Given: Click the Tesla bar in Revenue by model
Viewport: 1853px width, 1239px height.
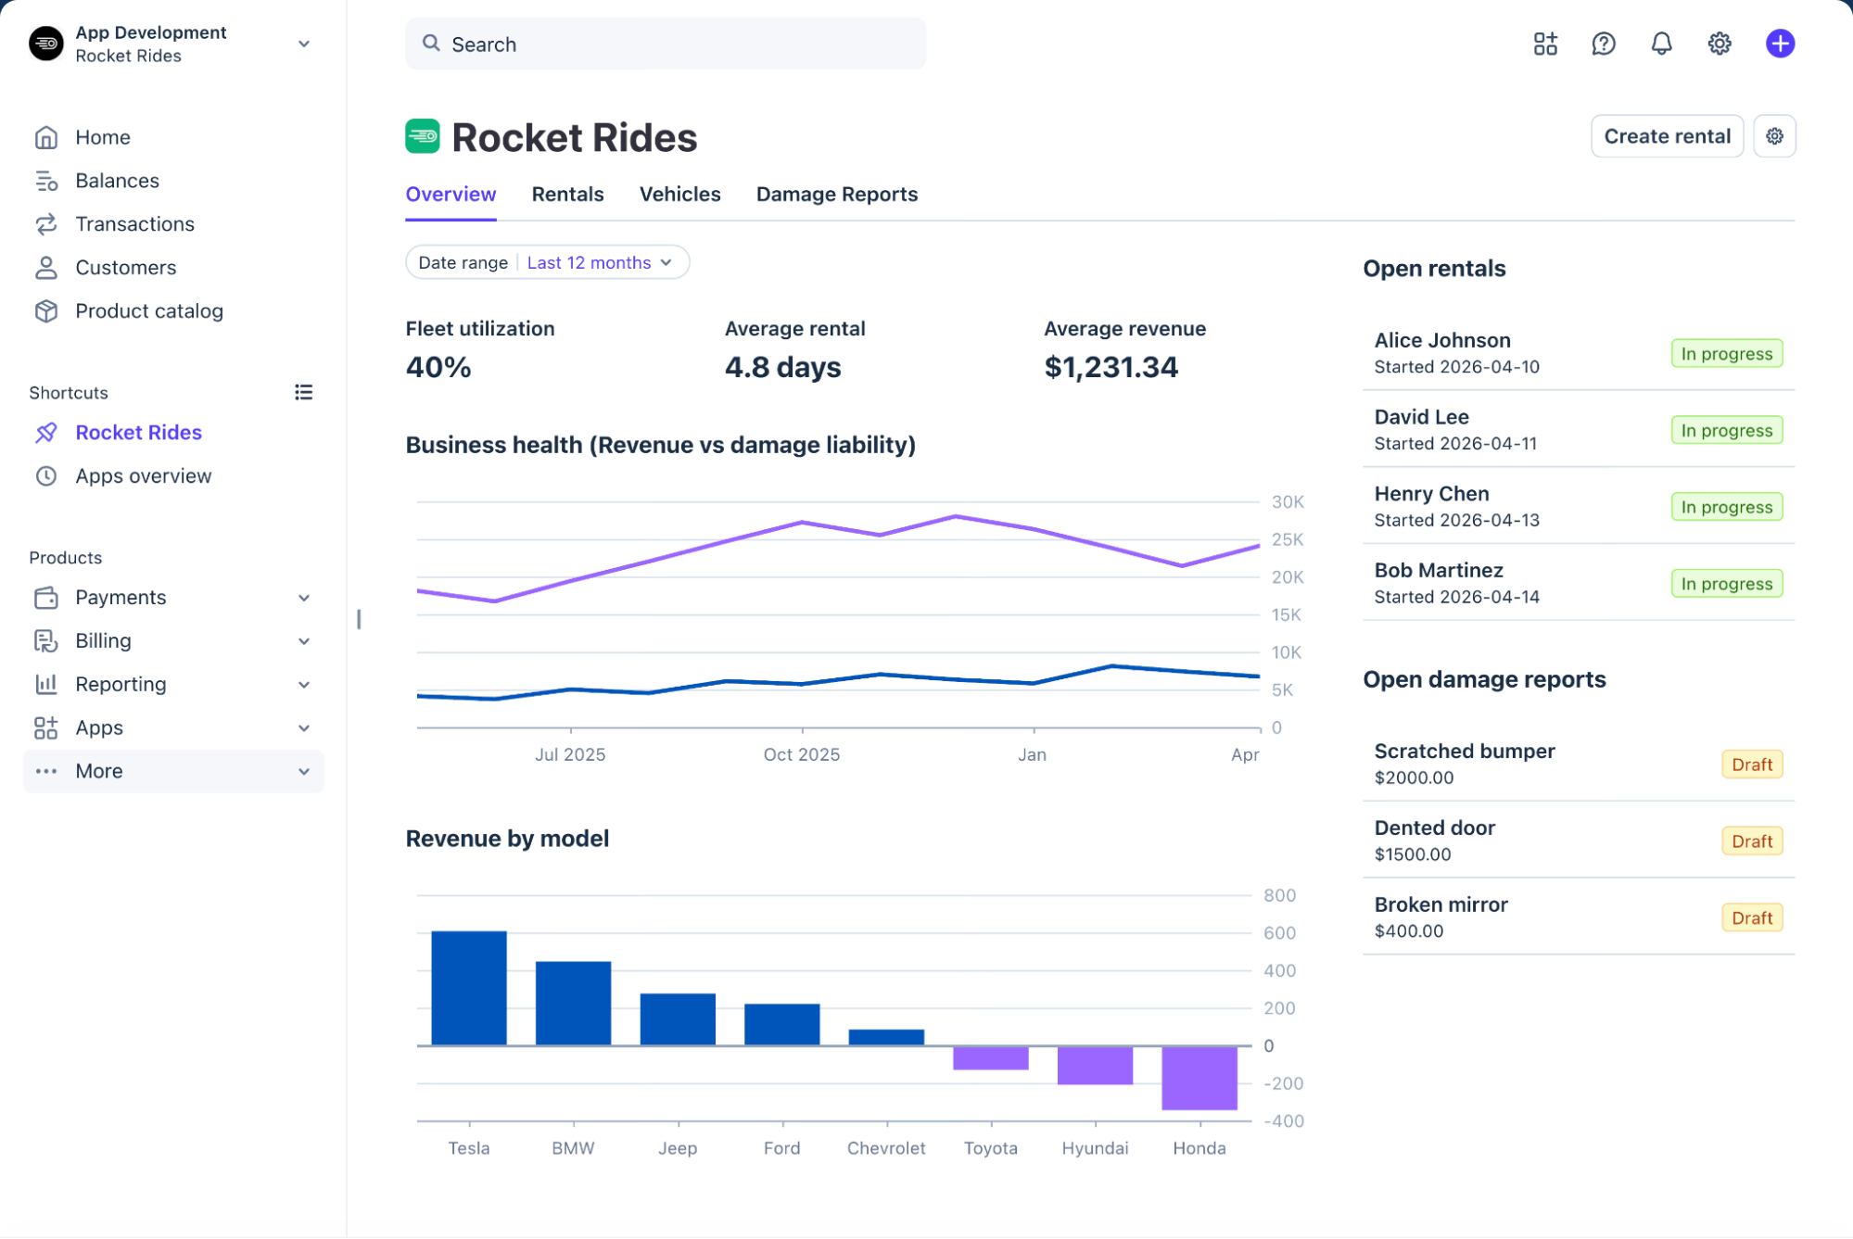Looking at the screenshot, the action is point(469,988).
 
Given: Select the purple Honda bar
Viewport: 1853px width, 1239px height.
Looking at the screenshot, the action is point(1199,1078).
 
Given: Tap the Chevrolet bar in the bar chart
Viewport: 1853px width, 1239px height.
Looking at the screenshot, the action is point(886,1038).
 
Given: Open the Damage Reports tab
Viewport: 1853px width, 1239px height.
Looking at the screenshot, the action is point(836,195).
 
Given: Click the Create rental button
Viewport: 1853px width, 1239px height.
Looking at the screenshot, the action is point(1667,136).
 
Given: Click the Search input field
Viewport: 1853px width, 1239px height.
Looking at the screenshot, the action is point(665,44).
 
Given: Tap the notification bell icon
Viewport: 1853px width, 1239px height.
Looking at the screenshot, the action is point(1661,44).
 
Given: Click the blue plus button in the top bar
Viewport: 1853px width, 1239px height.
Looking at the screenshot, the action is point(1780,44).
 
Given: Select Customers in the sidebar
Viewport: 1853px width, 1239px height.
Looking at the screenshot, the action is point(125,268).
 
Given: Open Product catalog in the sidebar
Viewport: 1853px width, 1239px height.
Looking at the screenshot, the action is point(148,311).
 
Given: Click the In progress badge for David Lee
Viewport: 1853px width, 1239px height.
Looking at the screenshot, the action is point(1726,431).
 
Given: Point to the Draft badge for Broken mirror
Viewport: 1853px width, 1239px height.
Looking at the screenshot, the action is point(1751,918).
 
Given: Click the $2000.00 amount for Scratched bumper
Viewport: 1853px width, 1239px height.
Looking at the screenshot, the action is point(1414,778).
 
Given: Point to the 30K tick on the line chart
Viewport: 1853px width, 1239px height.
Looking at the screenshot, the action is point(1288,502).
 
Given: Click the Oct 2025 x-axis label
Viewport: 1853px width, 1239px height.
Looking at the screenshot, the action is point(801,755).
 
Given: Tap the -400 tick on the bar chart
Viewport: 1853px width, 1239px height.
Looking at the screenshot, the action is point(1284,1121).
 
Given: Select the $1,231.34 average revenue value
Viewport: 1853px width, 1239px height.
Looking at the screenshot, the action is point(1111,368).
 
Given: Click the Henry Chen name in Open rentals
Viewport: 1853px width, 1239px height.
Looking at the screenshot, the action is point(1431,494).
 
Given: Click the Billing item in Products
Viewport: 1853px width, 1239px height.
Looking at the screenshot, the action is point(103,641).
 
